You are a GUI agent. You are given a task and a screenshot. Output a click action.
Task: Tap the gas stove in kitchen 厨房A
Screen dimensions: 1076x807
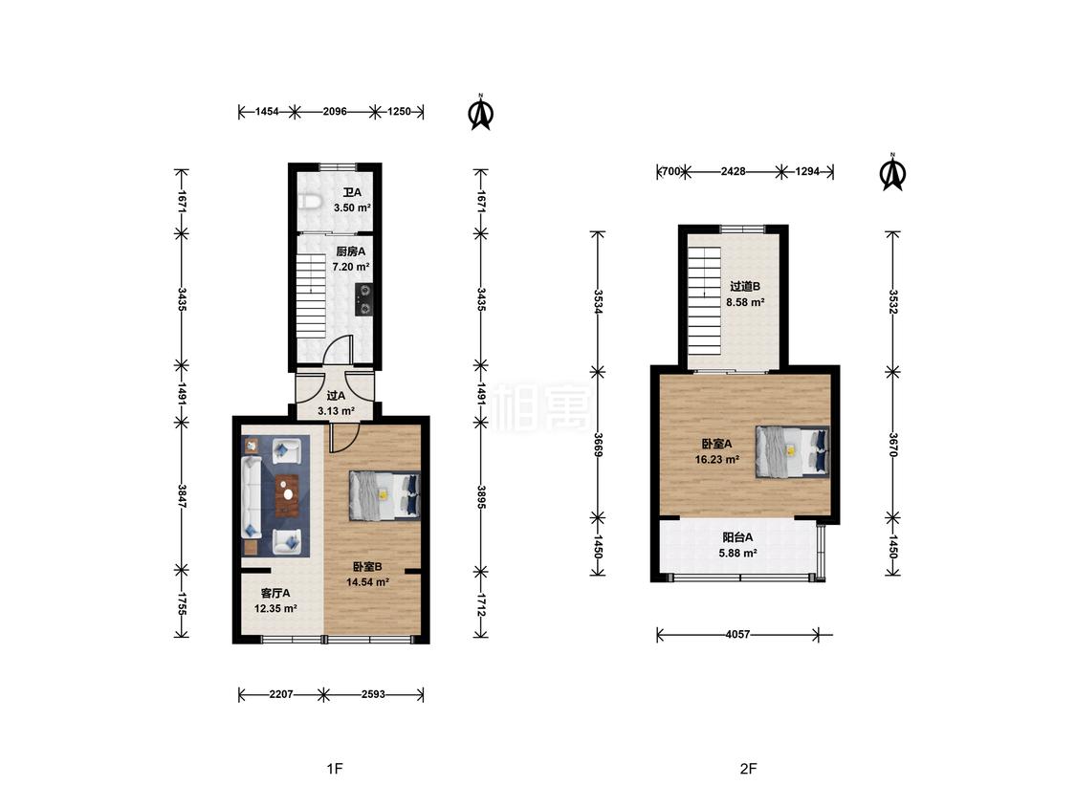coord(363,300)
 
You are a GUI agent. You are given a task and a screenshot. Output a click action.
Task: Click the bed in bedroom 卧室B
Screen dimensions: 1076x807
coord(384,495)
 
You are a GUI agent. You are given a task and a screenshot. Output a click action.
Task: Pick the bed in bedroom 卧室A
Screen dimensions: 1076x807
coord(793,451)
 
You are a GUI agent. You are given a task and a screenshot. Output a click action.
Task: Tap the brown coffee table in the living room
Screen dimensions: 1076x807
coord(288,494)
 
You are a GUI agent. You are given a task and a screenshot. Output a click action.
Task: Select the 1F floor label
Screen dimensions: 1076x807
coord(334,769)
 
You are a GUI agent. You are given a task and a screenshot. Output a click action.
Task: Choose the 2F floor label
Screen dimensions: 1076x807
coord(748,769)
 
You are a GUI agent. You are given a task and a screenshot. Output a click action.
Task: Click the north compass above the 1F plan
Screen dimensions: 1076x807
coord(481,112)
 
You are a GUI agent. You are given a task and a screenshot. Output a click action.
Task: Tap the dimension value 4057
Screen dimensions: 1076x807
coord(737,635)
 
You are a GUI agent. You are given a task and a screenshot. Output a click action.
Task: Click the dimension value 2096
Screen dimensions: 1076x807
coord(335,111)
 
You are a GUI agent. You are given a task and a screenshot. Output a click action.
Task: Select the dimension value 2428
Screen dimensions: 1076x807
coord(733,171)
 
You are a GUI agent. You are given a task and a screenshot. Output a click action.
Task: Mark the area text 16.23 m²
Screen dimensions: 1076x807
coord(717,460)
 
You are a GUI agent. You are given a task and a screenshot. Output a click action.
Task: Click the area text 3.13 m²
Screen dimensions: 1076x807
coord(336,412)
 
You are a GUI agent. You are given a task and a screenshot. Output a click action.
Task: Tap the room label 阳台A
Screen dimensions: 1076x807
coord(737,537)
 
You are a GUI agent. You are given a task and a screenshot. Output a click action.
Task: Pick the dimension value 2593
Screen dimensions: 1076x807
coord(373,694)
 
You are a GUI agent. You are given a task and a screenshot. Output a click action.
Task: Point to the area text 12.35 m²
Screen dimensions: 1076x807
coord(275,609)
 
